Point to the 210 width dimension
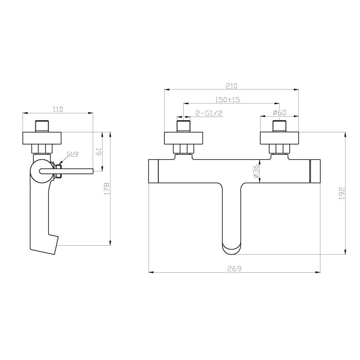click(x=231, y=85)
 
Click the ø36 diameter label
click(x=256, y=172)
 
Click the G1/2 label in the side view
click(x=73, y=154)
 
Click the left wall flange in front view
click(x=184, y=137)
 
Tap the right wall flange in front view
click(x=279, y=137)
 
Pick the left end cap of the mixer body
click(x=153, y=171)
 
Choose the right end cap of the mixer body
click(x=315, y=171)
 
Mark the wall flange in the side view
click(x=43, y=137)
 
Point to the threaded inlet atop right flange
click(x=279, y=126)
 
